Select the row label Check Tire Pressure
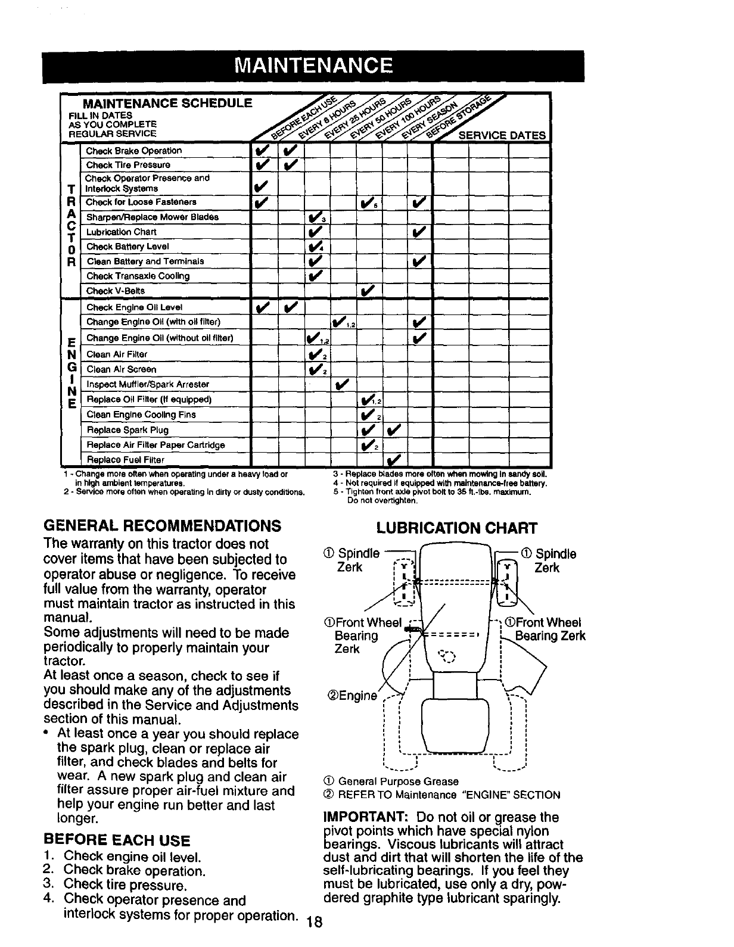point(128,165)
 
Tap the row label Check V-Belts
point(116,291)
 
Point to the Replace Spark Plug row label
point(127,430)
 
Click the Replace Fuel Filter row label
point(126,460)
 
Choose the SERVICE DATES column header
point(501,135)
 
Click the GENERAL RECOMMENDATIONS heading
point(162,526)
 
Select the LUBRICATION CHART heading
point(458,528)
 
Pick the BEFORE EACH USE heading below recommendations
point(117,840)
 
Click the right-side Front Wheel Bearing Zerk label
point(545,630)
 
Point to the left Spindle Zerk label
point(358,560)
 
